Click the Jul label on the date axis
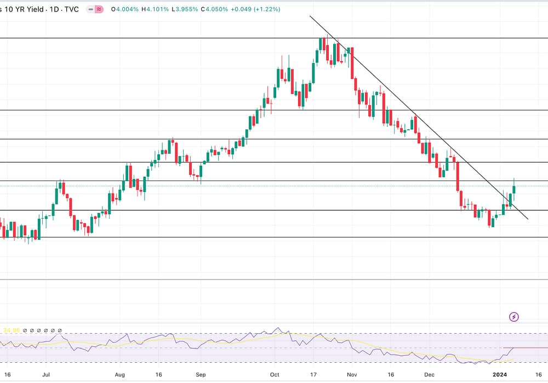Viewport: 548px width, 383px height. point(46,375)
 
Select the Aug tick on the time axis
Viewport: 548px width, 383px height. point(121,375)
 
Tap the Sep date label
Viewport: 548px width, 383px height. point(201,375)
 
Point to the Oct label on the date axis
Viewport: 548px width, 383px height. point(275,375)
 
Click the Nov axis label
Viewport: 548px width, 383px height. point(352,375)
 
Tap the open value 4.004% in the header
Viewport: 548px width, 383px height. point(123,9)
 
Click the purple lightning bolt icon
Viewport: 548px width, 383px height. point(514,317)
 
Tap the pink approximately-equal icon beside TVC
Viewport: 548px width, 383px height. point(99,9)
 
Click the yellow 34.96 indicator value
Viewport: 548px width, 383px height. point(12,330)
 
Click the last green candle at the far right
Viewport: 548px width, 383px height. point(514,189)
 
